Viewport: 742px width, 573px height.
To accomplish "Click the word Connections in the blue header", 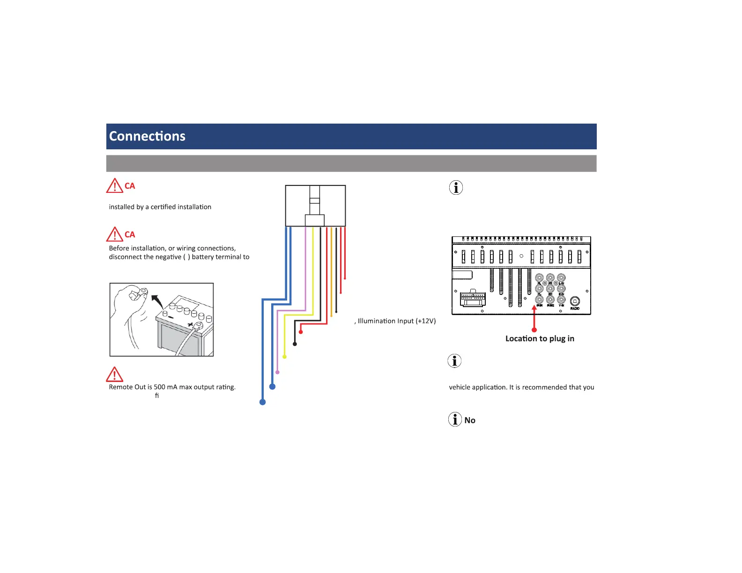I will [147, 136].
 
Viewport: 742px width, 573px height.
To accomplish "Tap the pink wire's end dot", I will [277, 372].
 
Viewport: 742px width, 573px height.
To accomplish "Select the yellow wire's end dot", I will [284, 357].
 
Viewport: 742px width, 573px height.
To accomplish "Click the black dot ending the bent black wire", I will [295, 344].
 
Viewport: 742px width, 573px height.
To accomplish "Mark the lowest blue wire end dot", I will [263, 402].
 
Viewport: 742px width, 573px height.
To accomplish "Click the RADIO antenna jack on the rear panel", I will [575, 302].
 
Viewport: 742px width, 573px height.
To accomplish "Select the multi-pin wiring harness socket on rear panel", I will [473, 298].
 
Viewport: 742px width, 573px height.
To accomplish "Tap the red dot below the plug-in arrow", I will [534, 330].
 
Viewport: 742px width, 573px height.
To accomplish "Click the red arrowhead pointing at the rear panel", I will [534, 308].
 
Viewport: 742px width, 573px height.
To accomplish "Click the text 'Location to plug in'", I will [540, 338].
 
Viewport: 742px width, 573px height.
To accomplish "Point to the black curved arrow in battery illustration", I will [157, 301].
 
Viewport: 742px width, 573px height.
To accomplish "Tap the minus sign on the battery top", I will [171, 317].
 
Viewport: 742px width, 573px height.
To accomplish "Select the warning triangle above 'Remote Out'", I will [115, 375].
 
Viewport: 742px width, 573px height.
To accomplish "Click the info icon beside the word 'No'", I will [455, 419].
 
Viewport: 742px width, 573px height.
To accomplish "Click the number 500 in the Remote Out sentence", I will [159, 387].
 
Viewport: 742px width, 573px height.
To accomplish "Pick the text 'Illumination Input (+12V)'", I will [397, 321].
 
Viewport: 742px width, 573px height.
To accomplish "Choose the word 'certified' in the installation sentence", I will [163, 207].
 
